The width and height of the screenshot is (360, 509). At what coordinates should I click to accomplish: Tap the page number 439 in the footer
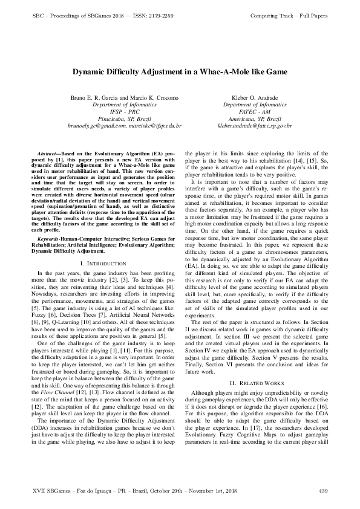coord(322,489)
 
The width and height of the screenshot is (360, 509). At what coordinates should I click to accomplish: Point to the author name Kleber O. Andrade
coord(254,98)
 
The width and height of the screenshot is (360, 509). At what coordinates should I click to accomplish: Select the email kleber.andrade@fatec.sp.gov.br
coord(254,126)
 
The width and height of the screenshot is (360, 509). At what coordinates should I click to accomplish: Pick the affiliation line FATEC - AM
coord(254,112)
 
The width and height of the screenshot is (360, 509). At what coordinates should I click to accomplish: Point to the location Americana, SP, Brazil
coord(254,119)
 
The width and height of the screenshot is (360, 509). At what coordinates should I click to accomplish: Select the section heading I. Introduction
coord(103,264)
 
